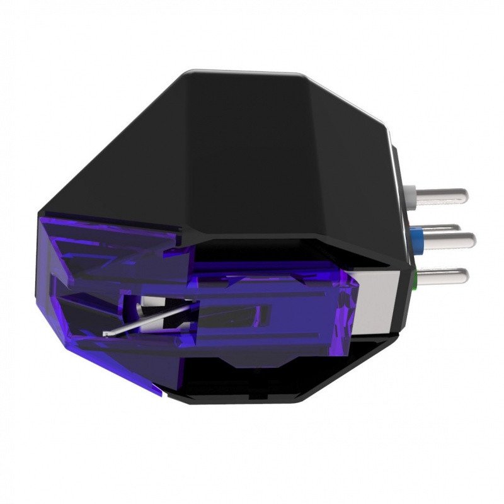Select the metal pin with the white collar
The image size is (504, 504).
pos(441,194)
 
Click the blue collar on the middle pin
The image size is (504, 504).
pos(416,238)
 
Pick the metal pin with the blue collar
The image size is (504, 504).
pos(447,238)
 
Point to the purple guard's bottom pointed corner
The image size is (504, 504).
pos(161,394)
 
